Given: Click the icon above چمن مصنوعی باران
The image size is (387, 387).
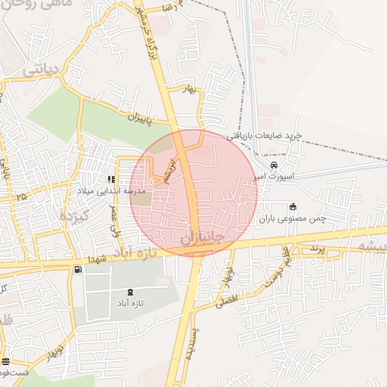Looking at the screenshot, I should pos(293,207).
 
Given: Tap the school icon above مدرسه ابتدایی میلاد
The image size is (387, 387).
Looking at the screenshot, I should pos(112,180).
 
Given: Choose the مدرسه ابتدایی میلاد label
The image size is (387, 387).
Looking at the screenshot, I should pos(100,193).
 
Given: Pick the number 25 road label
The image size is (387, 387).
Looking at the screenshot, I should pos(21,197).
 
